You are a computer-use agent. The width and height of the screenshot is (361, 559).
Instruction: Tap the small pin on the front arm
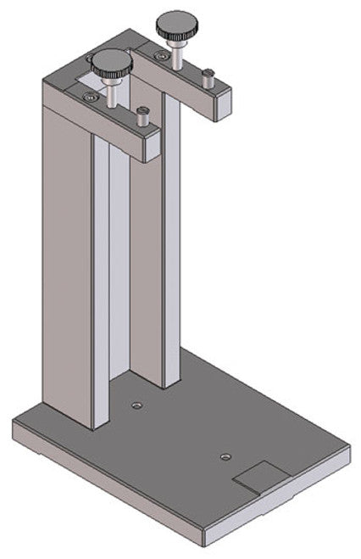142,115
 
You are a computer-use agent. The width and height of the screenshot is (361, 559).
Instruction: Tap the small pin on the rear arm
207,77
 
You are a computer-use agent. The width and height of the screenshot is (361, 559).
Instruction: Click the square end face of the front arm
153,148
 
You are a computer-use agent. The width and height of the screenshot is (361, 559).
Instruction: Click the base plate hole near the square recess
225,457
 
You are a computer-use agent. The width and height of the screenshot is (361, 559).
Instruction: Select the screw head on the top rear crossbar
91,58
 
